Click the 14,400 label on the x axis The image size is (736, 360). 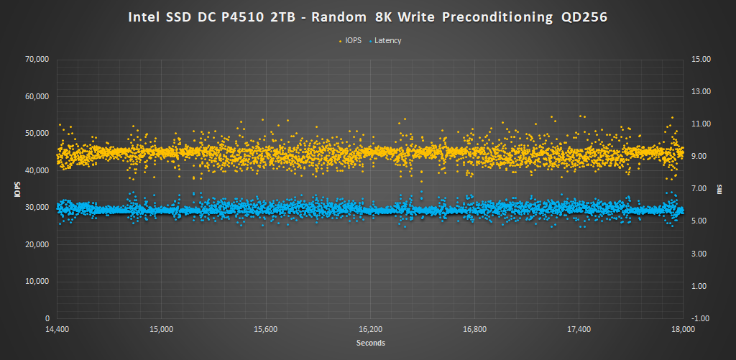tap(57, 330)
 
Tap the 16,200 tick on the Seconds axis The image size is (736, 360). tap(370, 330)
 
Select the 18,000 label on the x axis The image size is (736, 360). tap(683, 330)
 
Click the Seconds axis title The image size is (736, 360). tap(370, 343)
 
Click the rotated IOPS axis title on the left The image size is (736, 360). tap(17, 189)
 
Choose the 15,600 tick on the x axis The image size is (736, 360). tap(266, 330)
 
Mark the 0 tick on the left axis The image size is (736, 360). tap(47, 318)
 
